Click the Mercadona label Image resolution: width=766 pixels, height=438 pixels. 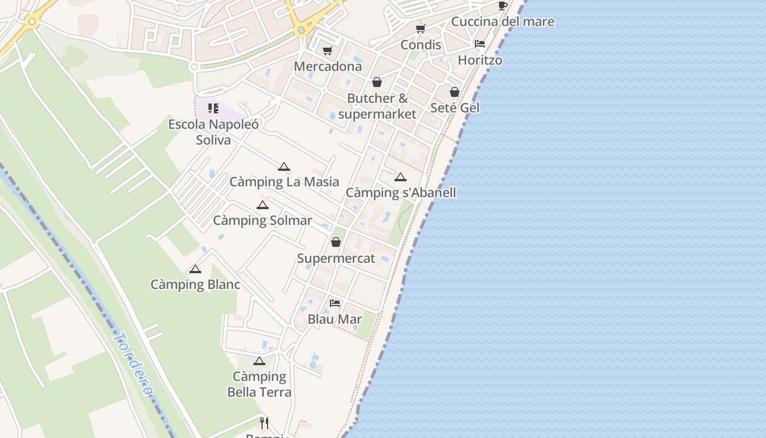coord(328,66)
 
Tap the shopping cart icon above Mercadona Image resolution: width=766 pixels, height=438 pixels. coord(327,51)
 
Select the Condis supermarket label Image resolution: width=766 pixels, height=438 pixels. coord(421,44)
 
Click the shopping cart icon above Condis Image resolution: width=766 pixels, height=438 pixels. coord(420,28)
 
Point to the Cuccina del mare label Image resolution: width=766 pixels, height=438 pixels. coord(502,22)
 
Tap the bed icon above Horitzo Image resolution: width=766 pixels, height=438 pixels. coord(480,44)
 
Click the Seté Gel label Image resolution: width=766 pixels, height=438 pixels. coord(455,108)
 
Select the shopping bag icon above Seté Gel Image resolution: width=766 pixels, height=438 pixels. coord(455,92)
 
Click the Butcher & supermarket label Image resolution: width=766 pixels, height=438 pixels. coord(378,106)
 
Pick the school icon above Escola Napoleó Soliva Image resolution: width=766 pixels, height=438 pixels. coord(213,108)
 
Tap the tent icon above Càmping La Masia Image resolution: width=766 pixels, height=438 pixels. coord(283,166)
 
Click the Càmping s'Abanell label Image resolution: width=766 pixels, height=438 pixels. coord(401,193)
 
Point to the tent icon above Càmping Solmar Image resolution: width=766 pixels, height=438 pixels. coord(263,205)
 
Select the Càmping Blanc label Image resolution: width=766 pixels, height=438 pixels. coord(195,285)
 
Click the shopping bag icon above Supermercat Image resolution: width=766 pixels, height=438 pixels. coord(336,242)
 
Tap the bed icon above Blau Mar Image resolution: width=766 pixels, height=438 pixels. coord(335,303)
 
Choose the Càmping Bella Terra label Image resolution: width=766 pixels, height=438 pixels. coord(259,384)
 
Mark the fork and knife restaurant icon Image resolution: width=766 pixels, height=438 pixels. coord(264,423)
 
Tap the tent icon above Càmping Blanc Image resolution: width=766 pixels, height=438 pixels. coord(195,269)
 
